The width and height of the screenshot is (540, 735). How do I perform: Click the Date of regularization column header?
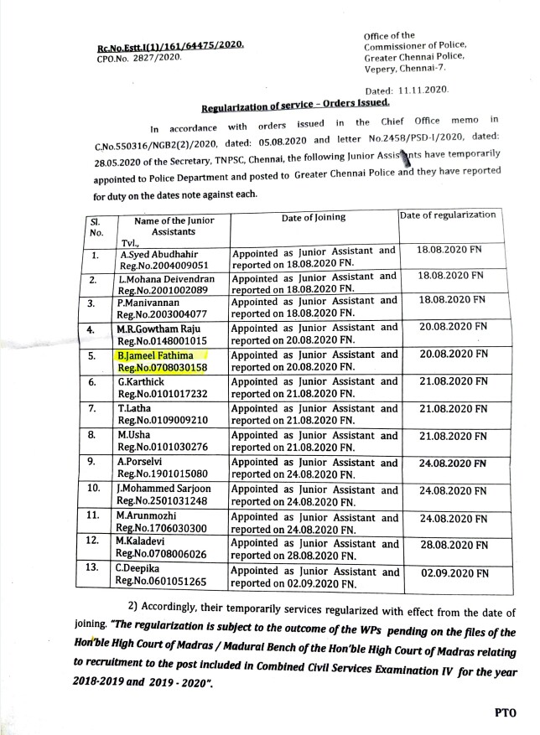448,215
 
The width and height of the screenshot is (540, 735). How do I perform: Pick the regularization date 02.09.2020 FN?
454,576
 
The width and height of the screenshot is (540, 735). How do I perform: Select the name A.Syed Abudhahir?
156,250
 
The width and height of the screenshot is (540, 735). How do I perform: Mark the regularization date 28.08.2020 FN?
454,546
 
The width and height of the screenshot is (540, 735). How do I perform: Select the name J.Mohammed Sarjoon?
165,489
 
